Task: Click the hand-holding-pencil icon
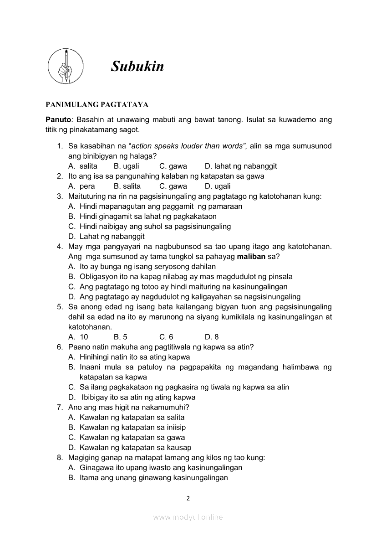pos(66,67)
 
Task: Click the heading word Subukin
pos(137,67)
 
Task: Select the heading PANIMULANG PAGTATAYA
pos(97,104)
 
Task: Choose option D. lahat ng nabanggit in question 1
pos(240,166)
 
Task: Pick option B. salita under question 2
pos(127,186)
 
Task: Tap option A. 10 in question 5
pos(78,337)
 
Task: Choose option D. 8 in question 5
pos(212,337)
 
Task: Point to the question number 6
pos(60,347)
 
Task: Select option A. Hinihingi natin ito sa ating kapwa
pos(129,357)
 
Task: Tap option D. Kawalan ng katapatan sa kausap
pos(130,447)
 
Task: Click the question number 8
pos(60,457)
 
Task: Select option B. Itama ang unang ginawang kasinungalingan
pos(148,477)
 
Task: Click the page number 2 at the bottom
pos(188,498)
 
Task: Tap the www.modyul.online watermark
pos(188,517)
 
